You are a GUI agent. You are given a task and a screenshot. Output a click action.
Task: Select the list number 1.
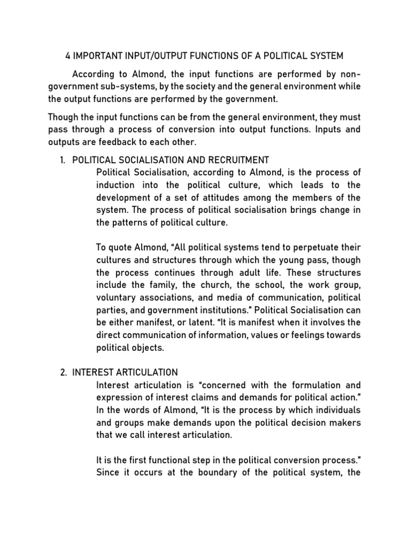pos(62,160)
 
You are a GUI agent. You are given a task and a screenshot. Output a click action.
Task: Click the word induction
pos(116,184)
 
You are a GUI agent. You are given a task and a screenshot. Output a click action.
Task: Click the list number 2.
pos(62,372)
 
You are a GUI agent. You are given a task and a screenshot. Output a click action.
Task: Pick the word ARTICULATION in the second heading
pos(145,372)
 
